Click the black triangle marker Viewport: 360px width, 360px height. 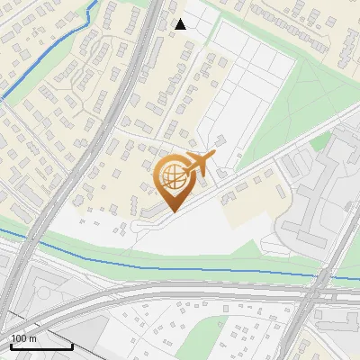(x=180, y=24)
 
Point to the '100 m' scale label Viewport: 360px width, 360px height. (x=23, y=337)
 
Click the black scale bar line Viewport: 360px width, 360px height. (x=41, y=346)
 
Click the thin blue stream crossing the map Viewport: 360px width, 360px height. (x=180, y=263)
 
